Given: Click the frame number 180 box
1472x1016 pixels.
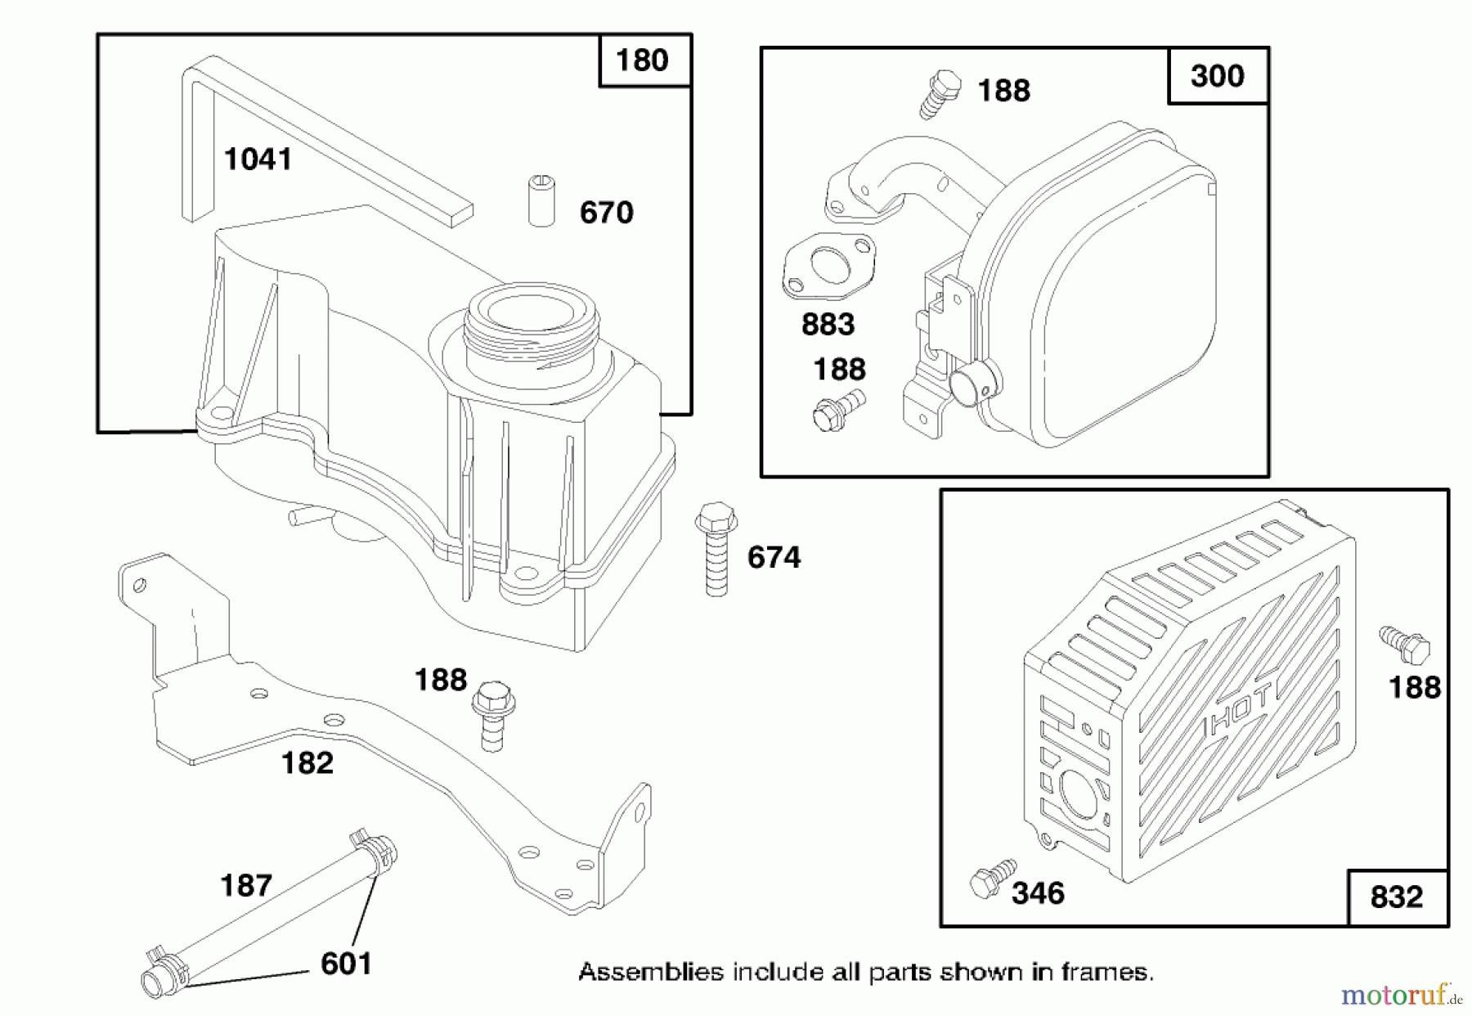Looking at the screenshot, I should point(642,61).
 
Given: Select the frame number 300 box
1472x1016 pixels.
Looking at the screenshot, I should point(1217,76).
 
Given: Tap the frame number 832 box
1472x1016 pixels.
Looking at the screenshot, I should point(1396,897).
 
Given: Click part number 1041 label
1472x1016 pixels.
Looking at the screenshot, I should point(258,159).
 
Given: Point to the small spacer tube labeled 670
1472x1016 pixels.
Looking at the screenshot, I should point(541,200).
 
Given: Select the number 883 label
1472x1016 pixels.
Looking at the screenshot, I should point(828,325).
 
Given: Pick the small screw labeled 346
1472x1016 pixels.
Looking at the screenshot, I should point(992,879).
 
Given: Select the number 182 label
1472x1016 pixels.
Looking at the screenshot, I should point(307,763).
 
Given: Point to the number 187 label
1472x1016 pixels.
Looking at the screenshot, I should point(246,885).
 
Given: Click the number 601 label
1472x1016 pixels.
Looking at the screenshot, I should point(346,964).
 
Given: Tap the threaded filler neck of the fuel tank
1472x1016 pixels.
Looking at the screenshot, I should point(531,326).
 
